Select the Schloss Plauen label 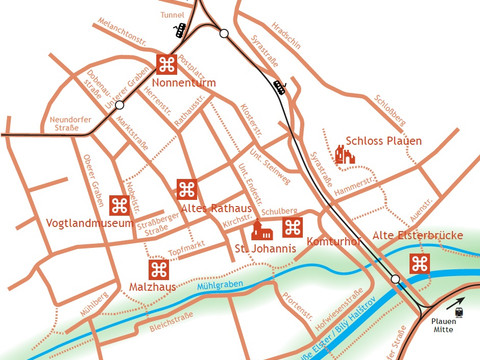click(384, 141)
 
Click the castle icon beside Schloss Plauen click(345, 153)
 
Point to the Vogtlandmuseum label click(90, 223)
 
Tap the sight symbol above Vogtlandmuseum click(119, 205)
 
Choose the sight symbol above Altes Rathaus click(186, 189)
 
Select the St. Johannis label click(265, 247)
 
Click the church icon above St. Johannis click(262, 229)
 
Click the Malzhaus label click(153, 287)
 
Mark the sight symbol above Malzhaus click(158, 269)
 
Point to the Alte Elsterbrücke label click(417, 235)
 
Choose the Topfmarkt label click(186, 248)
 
